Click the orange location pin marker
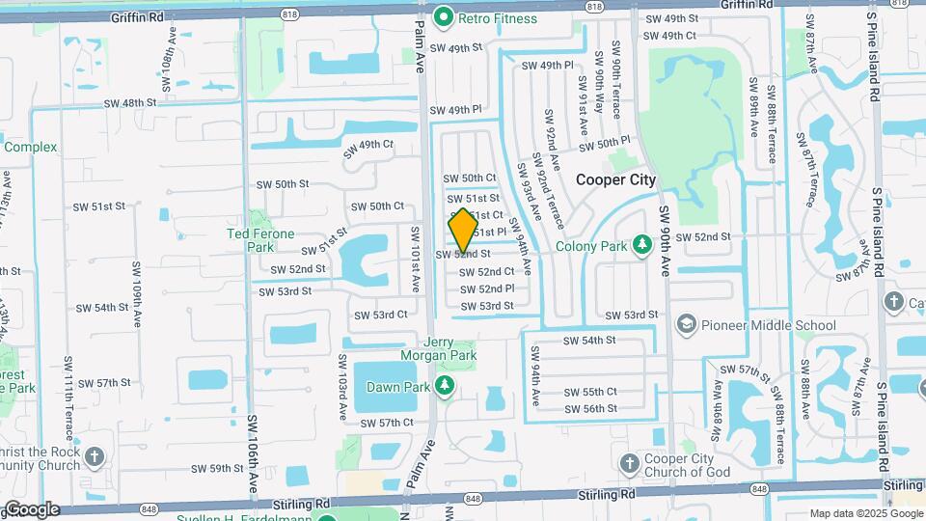pos(463,230)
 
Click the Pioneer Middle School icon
pos(687,324)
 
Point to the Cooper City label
pos(615,179)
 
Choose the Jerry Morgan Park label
pos(451,349)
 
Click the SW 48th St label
pos(130,103)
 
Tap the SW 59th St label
pos(217,468)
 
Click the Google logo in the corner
pos(31,509)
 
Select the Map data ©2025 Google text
pos(864,513)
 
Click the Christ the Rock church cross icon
pos(95,456)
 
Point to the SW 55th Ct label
pos(590,392)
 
